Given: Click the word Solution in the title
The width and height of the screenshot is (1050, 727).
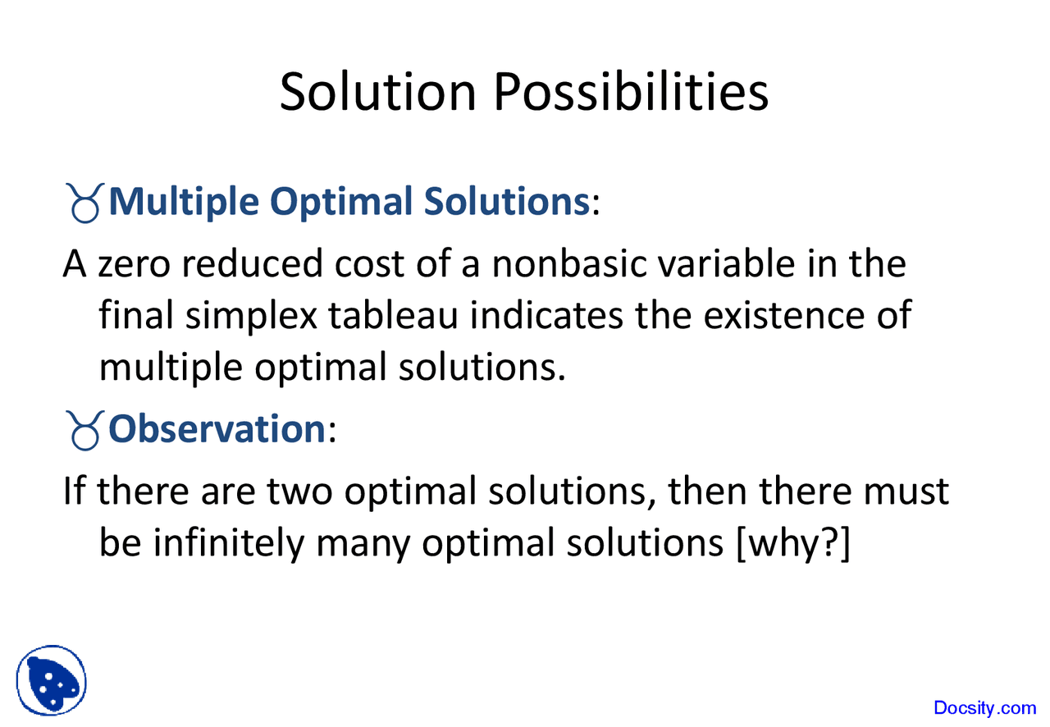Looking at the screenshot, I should (x=377, y=92).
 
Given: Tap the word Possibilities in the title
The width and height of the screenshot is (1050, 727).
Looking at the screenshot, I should (x=631, y=92).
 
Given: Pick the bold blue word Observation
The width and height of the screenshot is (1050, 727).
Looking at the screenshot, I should (x=217, y=428).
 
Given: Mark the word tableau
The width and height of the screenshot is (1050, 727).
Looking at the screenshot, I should (x=395, y=316).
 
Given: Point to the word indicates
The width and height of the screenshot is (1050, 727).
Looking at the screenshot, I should (x=547, y=316).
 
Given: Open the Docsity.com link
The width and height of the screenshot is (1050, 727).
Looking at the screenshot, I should (x=984, y=707).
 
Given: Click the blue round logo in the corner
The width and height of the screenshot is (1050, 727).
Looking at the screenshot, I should (x=51, y=680).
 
